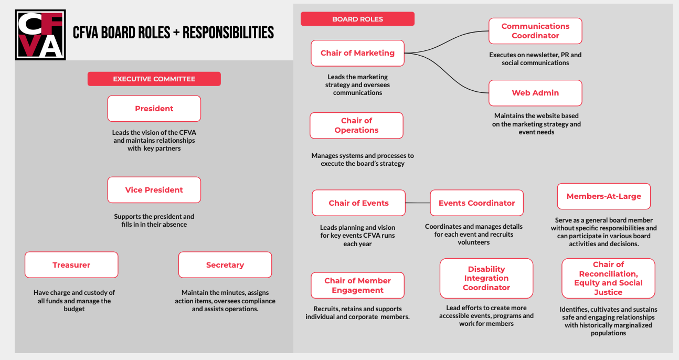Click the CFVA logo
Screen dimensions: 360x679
pos(41,35)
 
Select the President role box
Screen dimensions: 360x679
pos(154,109)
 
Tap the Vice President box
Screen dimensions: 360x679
pos(154,190)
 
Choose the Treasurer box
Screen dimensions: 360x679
pos(71,265)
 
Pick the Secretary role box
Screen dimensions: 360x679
pos(225,265)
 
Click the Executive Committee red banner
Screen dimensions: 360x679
pos(154,79)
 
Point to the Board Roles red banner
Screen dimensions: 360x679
pos(357,19)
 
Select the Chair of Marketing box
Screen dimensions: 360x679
pos(357,53)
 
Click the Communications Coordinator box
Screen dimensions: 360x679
pos(535,31)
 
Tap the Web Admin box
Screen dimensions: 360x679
pos(535,93)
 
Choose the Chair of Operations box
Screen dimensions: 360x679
pos(356,125)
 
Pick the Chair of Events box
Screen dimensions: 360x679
pos(358,203)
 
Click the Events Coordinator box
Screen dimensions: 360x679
pos(476,203)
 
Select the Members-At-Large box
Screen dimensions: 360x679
pos(603,196)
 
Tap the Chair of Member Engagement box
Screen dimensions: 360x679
pos(357,285)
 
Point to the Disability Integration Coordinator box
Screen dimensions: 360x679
pos(486,278)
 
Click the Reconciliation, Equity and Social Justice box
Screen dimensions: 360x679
pos(608,278)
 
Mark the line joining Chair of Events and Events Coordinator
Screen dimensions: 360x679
pos(418,203)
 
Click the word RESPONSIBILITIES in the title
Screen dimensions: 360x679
pos(228,33)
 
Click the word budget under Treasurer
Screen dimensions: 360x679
pos(74,309)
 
